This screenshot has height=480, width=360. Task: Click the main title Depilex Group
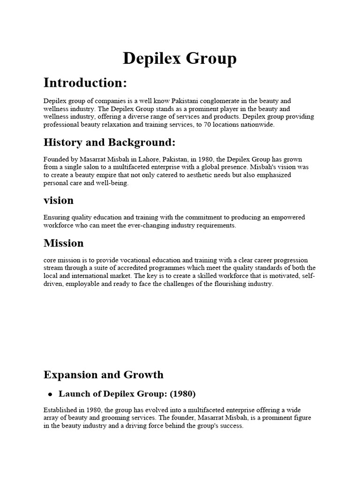point(180,59)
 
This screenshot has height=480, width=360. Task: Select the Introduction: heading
point(85,83)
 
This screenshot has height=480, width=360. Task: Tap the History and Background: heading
point(109,142)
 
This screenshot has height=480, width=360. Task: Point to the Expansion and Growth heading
point(104,375)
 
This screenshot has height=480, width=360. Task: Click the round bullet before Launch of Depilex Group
point(50,394)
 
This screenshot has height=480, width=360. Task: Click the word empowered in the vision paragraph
point(287,217)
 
